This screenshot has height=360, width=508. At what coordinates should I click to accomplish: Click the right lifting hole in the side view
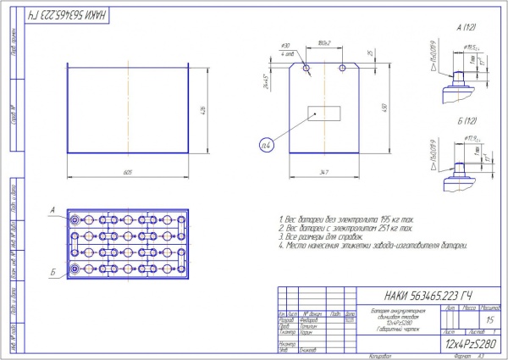click(x=341, y=65)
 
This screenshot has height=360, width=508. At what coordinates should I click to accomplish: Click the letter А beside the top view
click(x=52, y=209)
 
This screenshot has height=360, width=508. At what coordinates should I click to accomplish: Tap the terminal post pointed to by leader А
click(x=75, y=219)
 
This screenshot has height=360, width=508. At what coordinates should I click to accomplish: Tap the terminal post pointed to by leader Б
click(x=75, y=269)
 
